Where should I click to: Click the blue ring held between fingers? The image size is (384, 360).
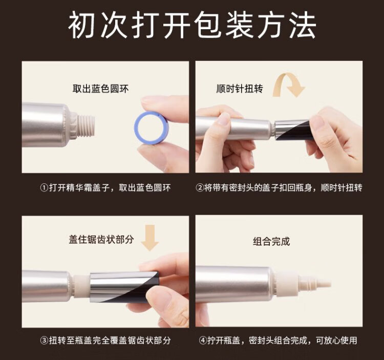[137, 128]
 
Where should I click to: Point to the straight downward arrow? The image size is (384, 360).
[150, 238]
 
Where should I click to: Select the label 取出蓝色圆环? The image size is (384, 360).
[100, 89]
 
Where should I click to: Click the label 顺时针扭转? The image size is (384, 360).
[239, 89]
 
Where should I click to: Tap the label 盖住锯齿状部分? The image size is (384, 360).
[101, 239]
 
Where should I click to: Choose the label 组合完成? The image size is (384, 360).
[271, 242]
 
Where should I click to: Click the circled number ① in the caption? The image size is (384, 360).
[44, 188]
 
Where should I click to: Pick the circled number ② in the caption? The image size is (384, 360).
[200, 188]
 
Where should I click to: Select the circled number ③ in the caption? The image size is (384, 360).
[44, 341]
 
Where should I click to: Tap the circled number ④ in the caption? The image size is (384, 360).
[203, 341]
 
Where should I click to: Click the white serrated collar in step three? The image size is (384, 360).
[82, 287]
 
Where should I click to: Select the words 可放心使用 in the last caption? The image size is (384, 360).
[336, 341]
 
